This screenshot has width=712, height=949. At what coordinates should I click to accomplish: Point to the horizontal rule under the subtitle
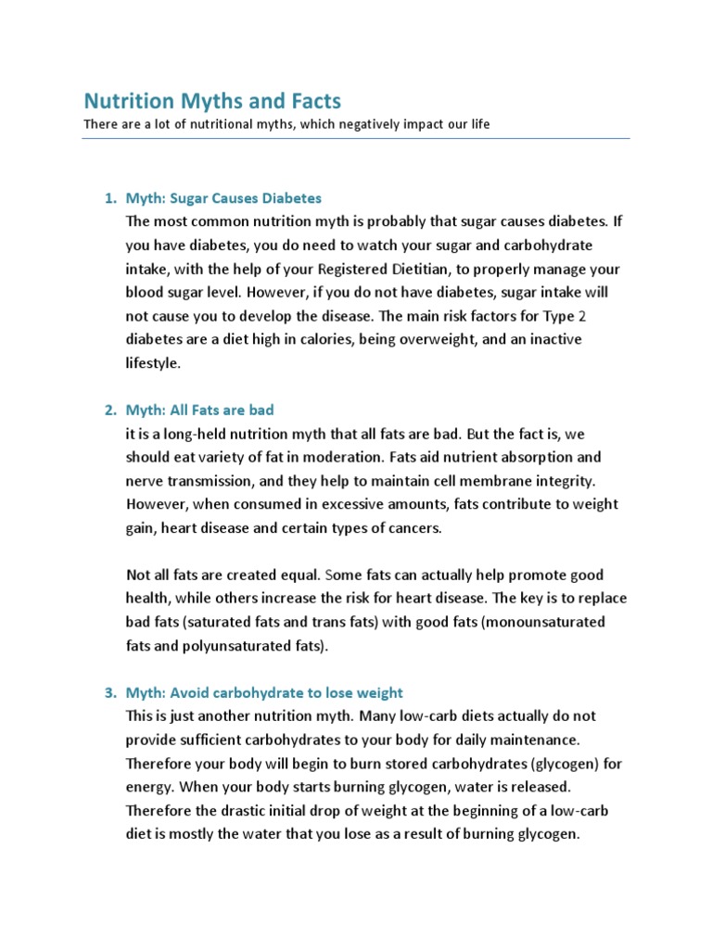pos(356,139)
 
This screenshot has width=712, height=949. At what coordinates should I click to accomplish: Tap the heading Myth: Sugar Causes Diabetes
pos(223,198)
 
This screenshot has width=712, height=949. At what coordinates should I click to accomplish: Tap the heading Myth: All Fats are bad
pos(199,410)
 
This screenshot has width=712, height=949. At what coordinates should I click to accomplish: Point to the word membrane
pos(505,481)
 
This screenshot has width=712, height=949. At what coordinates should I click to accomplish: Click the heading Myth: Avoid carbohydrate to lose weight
pos(264,692)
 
